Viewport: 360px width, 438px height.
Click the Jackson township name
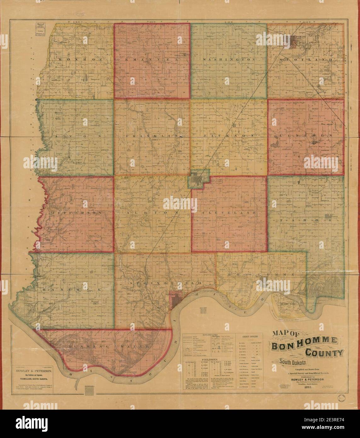(x=229, y=135)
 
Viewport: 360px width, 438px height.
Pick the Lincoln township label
(x=306, y=135)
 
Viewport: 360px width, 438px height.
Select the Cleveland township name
(x=229, y=213)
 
